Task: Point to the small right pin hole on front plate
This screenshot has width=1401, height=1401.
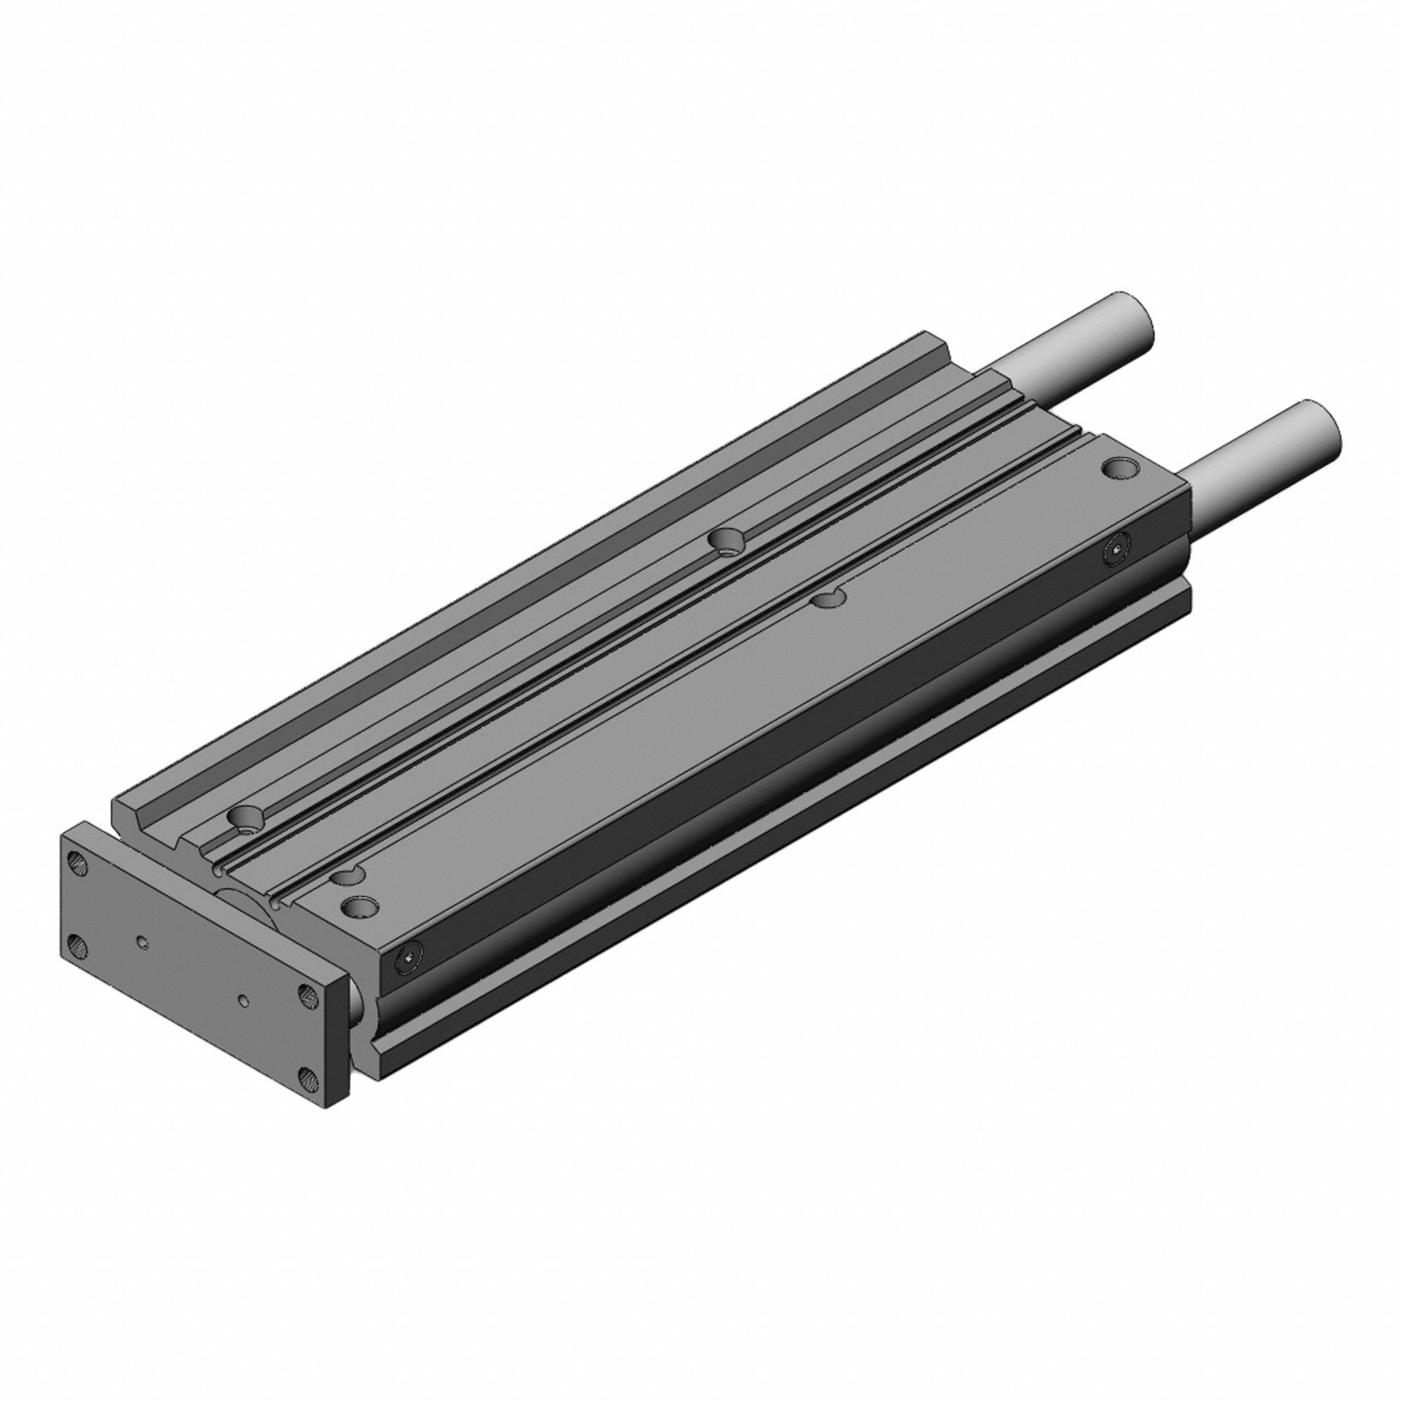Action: [244, 1000]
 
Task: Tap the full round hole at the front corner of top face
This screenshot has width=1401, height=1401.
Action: [359, 906]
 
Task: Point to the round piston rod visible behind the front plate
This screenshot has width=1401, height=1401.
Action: [247, 909]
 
